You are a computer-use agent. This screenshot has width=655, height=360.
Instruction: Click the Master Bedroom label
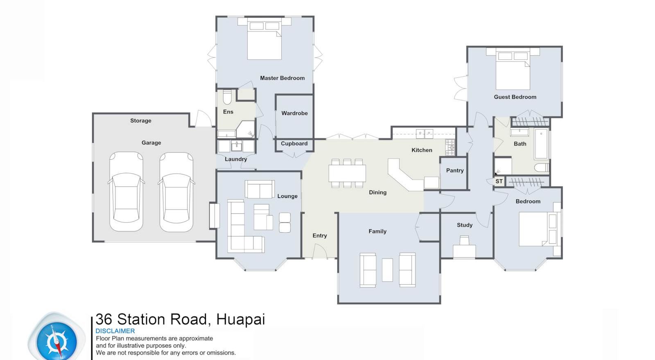282,78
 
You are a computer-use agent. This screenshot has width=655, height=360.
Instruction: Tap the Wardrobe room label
294,113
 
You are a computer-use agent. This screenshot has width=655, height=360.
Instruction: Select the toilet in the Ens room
227,97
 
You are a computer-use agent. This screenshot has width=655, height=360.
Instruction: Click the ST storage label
499,181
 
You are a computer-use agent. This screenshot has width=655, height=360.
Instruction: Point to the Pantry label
455,170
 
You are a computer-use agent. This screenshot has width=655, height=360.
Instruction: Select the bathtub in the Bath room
541,144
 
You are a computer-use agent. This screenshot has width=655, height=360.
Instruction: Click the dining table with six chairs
347,173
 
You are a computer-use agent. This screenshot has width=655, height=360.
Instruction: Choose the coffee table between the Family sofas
387,270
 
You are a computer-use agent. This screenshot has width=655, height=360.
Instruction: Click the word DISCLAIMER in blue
115,331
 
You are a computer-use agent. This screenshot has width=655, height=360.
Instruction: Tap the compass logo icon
56,340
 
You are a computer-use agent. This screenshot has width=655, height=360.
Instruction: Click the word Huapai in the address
241,319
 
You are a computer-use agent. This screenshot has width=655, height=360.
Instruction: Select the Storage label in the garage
140,120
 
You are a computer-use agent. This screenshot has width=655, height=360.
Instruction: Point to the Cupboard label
294,143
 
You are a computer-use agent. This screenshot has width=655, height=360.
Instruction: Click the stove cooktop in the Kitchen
449,147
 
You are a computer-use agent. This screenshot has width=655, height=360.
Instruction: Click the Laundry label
236,159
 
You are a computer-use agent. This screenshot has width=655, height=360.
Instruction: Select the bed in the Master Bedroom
264,41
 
